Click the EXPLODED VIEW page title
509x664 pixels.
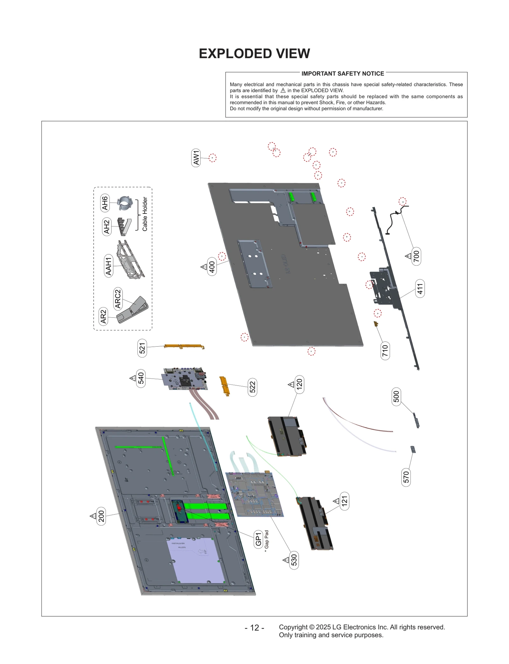(254, 54)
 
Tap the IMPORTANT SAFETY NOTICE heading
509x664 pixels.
(342, 74)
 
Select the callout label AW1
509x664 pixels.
(196, 158)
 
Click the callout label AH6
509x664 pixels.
(105, 203)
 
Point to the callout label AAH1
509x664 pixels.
(109, 266)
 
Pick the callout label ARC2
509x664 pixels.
(118, 299)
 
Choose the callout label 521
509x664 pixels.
(142, 348)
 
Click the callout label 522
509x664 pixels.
(253, 387)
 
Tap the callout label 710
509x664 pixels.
(385, 350)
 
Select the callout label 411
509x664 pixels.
(420, 289)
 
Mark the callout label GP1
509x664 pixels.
(258, 539)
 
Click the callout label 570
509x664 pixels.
(406, 477)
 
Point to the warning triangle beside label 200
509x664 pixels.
(93, 516)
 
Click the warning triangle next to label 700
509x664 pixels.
(408, 256)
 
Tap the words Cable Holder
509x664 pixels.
(145, 214)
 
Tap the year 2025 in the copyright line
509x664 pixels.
(323, 627)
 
